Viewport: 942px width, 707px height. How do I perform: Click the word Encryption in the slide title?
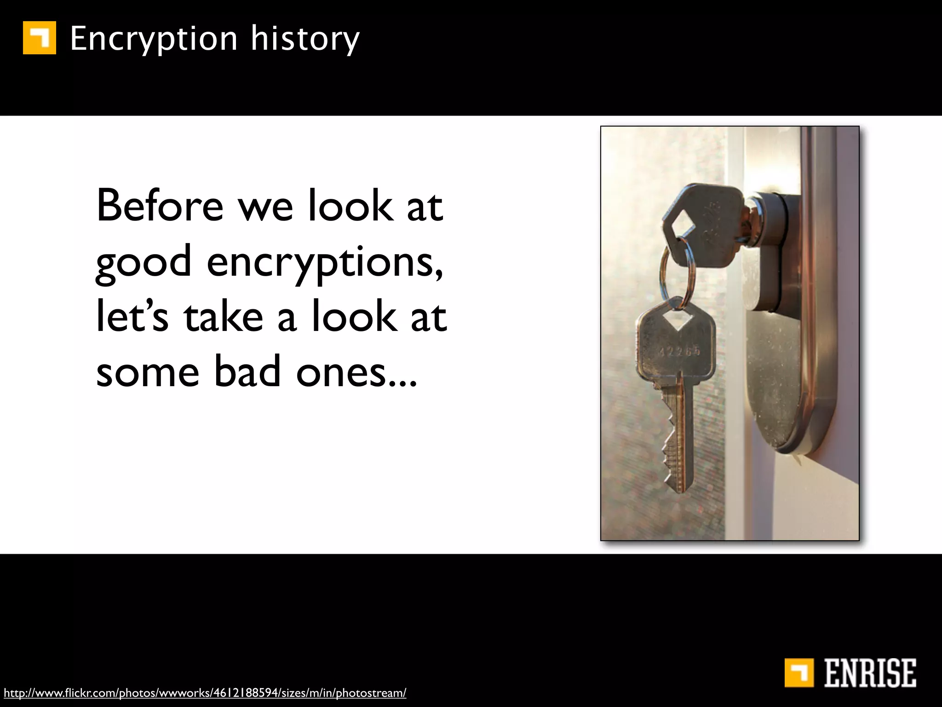tap(154, 39)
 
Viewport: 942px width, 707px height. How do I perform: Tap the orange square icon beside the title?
tap(40, 38)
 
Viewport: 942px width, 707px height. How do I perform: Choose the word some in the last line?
tap(147, 372)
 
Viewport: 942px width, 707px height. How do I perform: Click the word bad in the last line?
tap(247, 372)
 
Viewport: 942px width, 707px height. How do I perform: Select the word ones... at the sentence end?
tap(356, 372)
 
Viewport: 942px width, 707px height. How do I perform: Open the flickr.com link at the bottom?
tap(205, 693)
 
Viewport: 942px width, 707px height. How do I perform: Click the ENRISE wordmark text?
tap(870, 673)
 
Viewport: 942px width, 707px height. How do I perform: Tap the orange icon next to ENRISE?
tap(799, 673)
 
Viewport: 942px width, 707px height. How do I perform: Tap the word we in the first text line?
tap(265, 206)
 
